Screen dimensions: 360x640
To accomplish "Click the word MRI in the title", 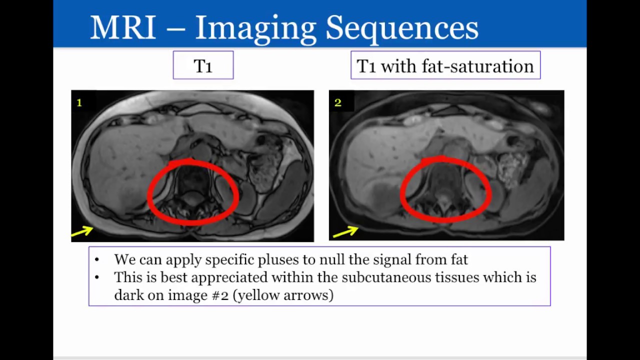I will [x=123, y=28].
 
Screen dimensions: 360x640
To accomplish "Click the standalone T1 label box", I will [x=203, y=65].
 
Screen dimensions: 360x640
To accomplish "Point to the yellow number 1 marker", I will [x=79, y=102].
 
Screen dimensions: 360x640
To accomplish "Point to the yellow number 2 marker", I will [x=338, y=102].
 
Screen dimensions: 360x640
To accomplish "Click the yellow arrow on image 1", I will [x=82, y=231].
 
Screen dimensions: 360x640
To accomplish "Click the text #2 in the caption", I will [x=220, y=295].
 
